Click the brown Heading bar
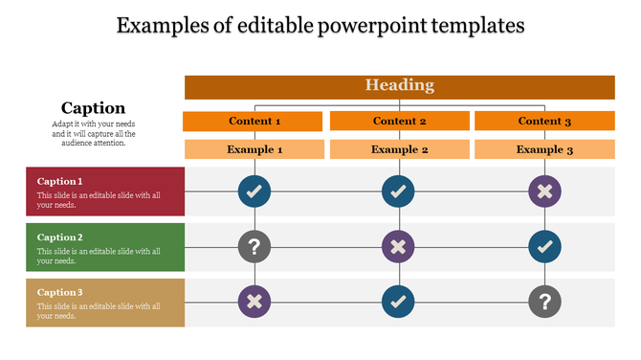click(x=399, y=86)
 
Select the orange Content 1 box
click(x=254, y=122)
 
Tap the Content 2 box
click(x=399, y=122)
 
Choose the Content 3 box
click(x=544, y=122)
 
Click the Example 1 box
click(x=254, y=149)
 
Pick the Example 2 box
click(x=399, y=149)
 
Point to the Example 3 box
click(x=544, y=149)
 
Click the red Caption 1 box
click(x=105, y=191)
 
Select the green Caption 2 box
click(x=105, y=247)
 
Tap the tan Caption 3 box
click(x=105, y=303)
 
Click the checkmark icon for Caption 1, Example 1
click(x=254, y=191)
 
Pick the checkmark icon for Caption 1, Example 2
click(x=398, y=191)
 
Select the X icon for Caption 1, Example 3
click(x=544, y=191)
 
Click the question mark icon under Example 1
click(x=254, y=247)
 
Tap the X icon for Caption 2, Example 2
click(x=398, y=247)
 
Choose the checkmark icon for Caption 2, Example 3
click(x=544, y=247)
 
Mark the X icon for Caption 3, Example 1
click(x=254, y=303)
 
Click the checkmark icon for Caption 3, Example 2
click(x=398, y=303)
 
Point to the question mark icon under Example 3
click(x=544, y=303)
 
